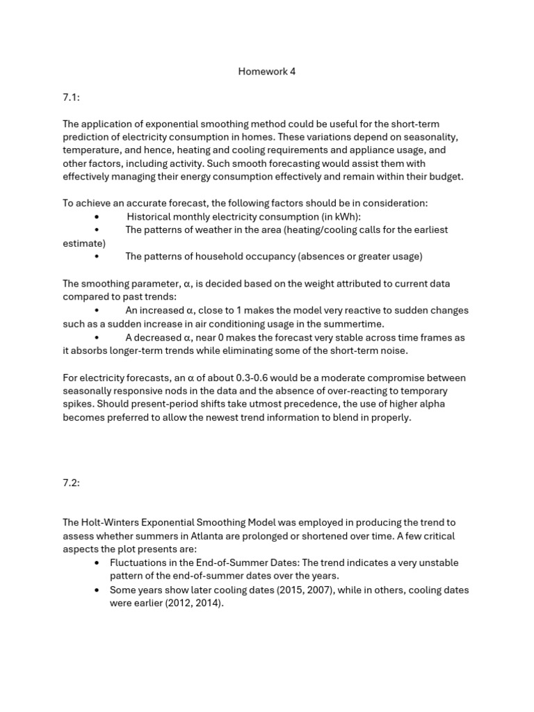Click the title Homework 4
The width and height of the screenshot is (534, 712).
pos(267,72)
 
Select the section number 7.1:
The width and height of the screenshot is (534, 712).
pos(72,98)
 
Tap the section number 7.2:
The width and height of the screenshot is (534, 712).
pos(72,483)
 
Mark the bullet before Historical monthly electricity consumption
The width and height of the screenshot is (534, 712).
pos(96,216)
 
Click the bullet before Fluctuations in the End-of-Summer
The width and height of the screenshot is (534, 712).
pos(96,563)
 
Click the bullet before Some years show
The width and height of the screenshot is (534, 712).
pos(96,590)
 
